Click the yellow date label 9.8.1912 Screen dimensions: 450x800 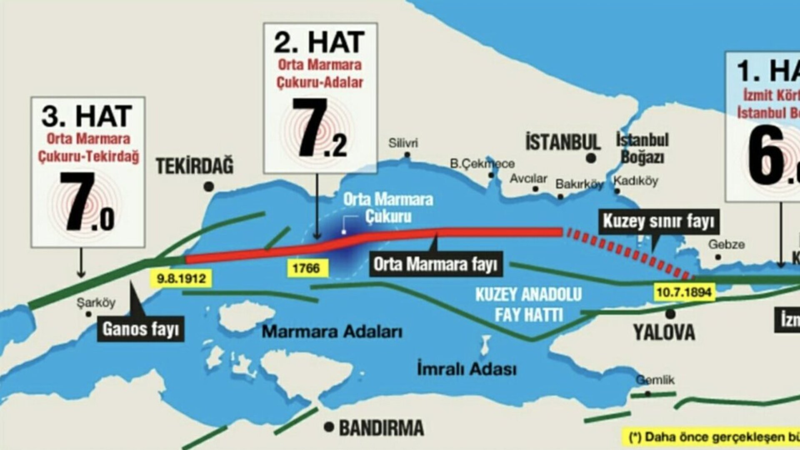click(x=182, y=278)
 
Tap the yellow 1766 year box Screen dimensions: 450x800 click(x=306, y=268)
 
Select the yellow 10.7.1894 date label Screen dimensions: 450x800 click(x=684, y=292)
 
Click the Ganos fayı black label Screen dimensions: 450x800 click(x=141, y=329)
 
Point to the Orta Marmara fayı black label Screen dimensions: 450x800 click(x=435, y=264)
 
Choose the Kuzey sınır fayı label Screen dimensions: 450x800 click(x=659, y=221)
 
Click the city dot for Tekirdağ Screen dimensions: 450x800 click(x=209, y=187)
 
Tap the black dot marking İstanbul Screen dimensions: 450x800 click(x=590, y=158)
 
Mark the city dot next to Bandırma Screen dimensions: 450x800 click(x=330, y=427)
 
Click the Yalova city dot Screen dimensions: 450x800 click(x=670, y=314)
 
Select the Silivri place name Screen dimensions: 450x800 click(x=403, y=143)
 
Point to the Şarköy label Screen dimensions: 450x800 click(x=96, y=302)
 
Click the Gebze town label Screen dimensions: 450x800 click(x=726, y=245)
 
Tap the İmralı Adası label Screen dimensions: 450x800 click(x=467, y=369)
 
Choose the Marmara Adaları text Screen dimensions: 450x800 click(x=332, y=332)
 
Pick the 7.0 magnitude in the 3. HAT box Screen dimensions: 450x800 click(x=87, y=202)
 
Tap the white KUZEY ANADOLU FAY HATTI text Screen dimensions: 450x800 click(x=528, y=305)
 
